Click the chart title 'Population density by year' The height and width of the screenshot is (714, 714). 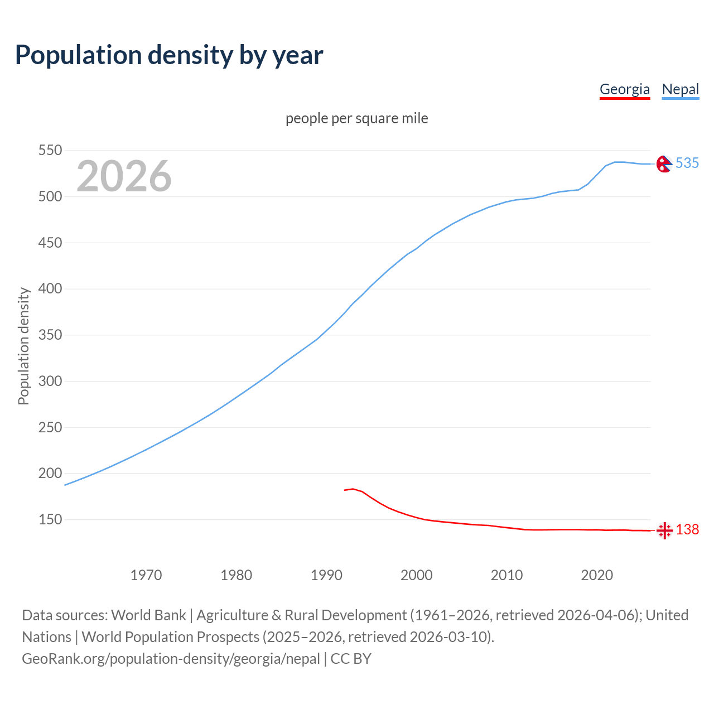coord(169,55)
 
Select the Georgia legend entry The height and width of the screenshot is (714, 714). coord(624,89)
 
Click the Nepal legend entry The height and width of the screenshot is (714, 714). coord(680,89)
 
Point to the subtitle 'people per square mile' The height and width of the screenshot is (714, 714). coord(356,118)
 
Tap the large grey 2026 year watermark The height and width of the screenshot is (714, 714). coord(124,176)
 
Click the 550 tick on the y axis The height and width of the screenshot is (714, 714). coord(50,151)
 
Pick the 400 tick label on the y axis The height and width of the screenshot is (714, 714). coord(50,289)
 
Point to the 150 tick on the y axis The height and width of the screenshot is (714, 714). coord(50,520)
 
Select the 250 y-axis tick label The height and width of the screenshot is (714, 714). coord(50,427)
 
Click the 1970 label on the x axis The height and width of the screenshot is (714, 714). coord(146,575)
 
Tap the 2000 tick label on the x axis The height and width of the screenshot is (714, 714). coord(417,575)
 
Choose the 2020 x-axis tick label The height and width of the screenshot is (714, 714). coord(597,575)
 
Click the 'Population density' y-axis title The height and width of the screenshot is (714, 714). coord(23,346)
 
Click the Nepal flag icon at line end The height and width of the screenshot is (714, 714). coord(664,163)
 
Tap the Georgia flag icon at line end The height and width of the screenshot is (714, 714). coord(664,530)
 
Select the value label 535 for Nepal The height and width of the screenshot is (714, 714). coord(687,163)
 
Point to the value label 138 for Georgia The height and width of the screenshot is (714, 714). coord(687,529)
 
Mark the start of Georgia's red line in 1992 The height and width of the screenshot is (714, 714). coord(345,490)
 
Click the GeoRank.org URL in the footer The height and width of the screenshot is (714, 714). coord(171,659)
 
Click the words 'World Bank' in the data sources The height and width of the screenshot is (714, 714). coord(148,615)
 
